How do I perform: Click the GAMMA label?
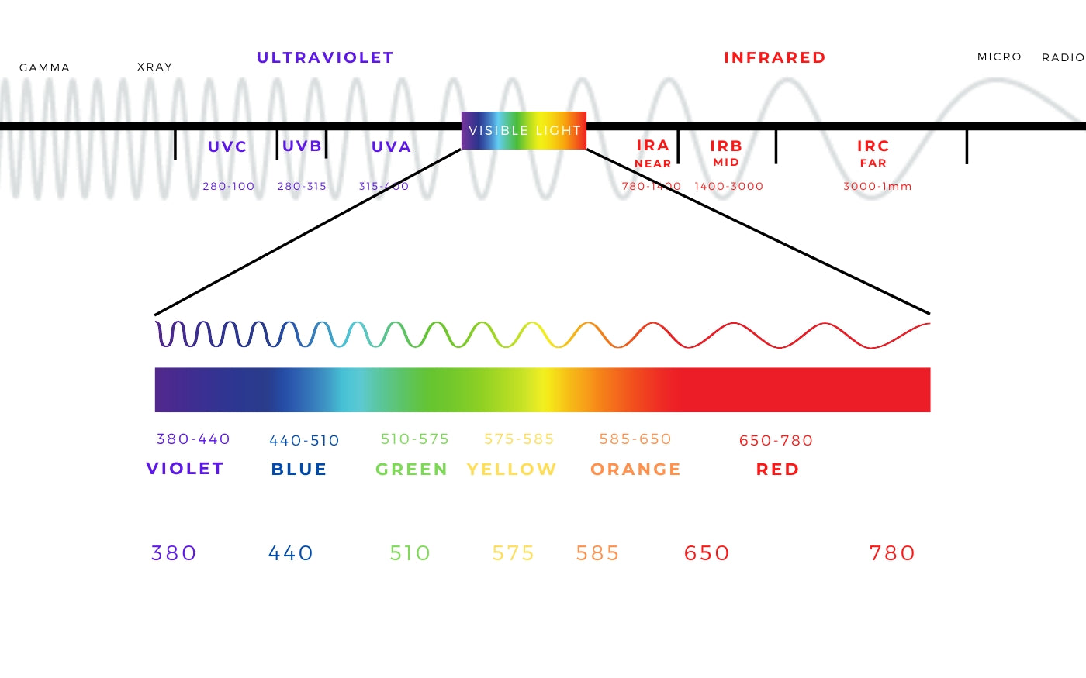coord(44,67)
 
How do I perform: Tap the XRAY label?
coord(154,67)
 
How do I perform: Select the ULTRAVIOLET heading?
coord(325,57)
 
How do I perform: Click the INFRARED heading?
coord(774,57)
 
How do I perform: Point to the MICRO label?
coord(999,57)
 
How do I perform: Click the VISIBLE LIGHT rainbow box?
coord(524,130)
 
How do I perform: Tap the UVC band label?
coord(227,146)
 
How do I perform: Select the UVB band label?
coord(302,146)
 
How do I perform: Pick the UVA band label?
coord(391,146)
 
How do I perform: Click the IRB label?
coord(726,146)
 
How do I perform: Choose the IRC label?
coord(873,146)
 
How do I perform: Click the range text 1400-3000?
coord(728,186)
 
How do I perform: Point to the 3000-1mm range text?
coord(877,186)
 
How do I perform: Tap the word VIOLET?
coord(185,468)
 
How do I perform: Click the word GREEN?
coord(411,469)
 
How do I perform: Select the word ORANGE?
coord(635,469)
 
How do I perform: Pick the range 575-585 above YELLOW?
coord(519,439)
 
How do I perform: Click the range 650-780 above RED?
coord(776,440)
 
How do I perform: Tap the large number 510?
coord(410,553)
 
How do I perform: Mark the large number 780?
coord(892,553)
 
